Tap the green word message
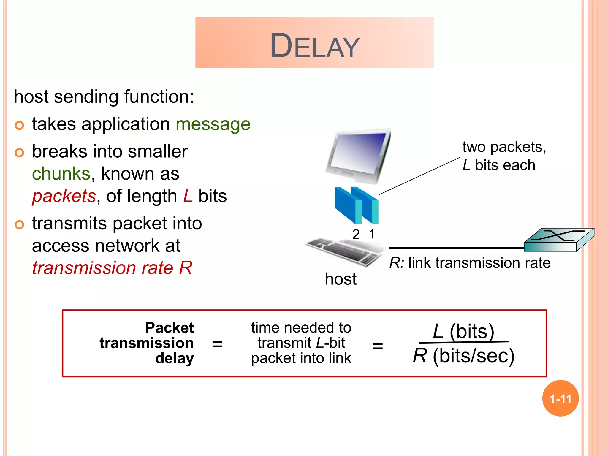click(213, 124)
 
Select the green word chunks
click(61, 173)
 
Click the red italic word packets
click(64, 196)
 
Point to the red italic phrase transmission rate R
click(112, 268)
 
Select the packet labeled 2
click(347, 206)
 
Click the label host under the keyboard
click(341, 279)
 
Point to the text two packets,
click(504, 147)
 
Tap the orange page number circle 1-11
click(560, 398)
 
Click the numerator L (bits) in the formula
click(463, 331)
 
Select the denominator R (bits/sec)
click(463, 356)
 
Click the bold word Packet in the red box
click(169, 328)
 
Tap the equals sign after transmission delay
click(217, 344)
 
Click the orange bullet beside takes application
click(19, 125)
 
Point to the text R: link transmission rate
click(470, 263)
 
